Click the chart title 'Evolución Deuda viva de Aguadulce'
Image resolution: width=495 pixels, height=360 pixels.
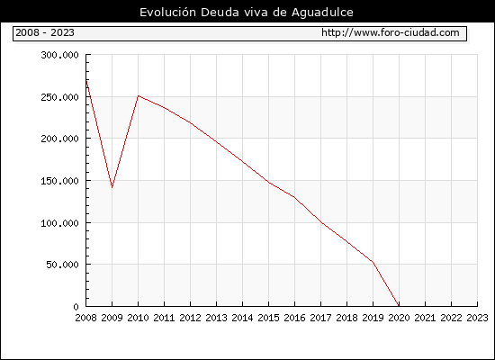(247, 13)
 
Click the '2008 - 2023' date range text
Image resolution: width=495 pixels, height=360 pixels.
(45, 32)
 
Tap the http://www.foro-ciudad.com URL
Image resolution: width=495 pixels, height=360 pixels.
(391, 32)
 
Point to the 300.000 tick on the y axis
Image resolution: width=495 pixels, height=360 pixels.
(59, 55)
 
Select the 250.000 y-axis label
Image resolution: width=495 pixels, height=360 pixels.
(59, 97)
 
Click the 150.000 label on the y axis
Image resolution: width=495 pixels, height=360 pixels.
(59, 181)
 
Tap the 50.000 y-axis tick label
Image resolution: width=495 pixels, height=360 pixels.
(62, 265)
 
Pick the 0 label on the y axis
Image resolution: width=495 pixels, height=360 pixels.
(76, 307)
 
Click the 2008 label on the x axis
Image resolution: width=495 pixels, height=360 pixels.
(85, 318)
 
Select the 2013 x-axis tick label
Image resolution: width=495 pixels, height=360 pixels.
(216, 318)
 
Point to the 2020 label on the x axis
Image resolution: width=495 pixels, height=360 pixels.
(399, 318)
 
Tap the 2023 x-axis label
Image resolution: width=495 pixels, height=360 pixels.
(477, 318)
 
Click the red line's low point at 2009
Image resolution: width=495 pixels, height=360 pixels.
(112, 187)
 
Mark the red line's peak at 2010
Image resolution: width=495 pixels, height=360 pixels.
(139, 95)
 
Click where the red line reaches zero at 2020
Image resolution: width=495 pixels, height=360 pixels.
(399, 306)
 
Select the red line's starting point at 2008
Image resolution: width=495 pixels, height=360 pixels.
(86, 81)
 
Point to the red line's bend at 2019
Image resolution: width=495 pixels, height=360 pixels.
(373, 262)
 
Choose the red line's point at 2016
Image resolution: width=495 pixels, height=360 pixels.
(294, 197)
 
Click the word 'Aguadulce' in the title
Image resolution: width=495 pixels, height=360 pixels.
(322, 13)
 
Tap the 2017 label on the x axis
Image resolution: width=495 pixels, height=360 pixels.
(320, 318)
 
